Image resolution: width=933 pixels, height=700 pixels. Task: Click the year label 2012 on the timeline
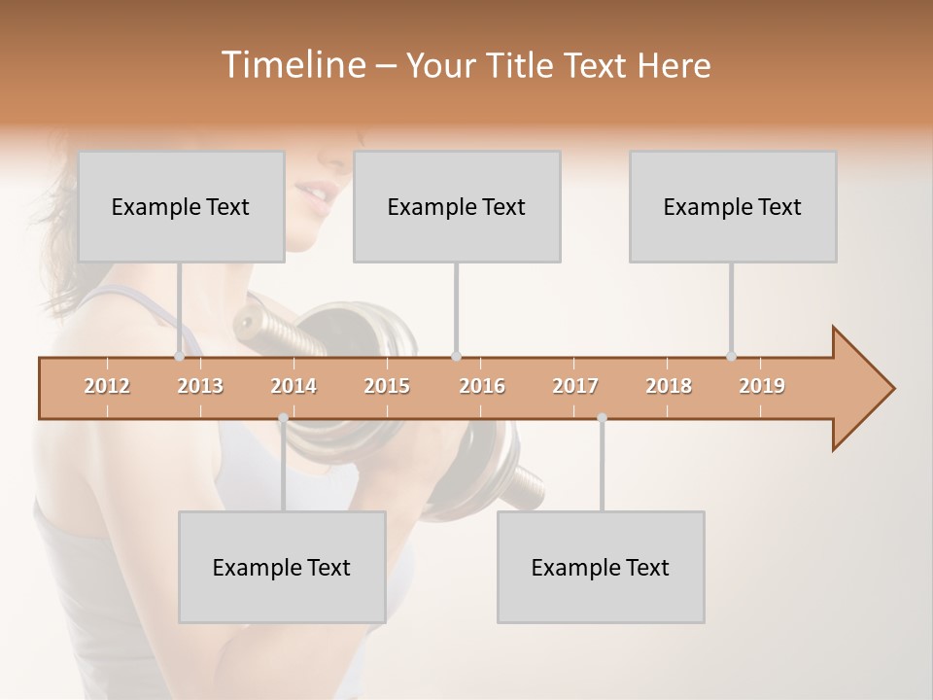point(107,386)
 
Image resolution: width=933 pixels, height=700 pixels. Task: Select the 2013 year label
point(200,386)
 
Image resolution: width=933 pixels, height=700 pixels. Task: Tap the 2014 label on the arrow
point(294,386)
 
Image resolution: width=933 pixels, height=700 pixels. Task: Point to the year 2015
point(387,386)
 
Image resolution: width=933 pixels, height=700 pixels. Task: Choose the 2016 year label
point(482,386)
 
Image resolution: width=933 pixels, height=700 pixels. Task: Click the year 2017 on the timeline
point(575,386)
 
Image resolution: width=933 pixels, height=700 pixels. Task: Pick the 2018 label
point(669,386)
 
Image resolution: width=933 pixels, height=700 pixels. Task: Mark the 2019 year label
point(762,386)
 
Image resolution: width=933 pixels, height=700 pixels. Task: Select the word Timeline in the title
point(291,65)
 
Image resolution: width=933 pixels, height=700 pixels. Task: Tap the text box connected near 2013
point(181,206)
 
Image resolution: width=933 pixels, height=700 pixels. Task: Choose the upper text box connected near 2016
point(457,206)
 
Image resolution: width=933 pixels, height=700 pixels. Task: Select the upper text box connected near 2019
point(733,206)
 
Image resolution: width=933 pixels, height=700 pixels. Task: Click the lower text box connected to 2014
point(282,567)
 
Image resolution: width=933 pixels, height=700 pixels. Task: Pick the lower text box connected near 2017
point(601,567)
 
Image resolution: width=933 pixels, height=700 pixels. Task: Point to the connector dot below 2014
point(283,418)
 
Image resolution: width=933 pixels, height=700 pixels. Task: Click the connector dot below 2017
point(602,418)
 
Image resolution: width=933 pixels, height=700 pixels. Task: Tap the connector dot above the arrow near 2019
point(731,356)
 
